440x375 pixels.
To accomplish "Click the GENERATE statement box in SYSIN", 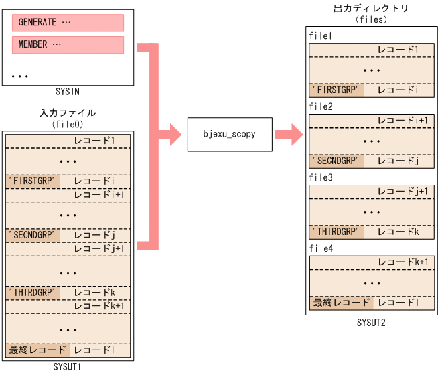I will click(x=68, y=23).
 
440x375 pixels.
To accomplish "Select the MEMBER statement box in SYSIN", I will click(x=68, y=45).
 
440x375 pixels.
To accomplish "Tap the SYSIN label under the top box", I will click(x=68, y=90).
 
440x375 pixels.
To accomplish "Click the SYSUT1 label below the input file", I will click(x=68, y=367).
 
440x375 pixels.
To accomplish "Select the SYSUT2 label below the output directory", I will click(x=371, y=323).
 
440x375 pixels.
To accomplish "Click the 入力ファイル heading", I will click(x=68, y=113).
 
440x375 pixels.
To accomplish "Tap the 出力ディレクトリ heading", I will click(x=371, y=9).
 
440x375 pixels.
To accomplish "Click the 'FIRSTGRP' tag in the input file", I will click(x=33, y=181).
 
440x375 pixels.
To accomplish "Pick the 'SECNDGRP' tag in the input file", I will click(x=33, y=235).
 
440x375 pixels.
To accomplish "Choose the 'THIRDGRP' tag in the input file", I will click(x=33, y=293).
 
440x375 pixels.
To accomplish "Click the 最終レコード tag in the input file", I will click(x=38, y=350).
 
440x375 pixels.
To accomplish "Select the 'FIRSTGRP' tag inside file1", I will click(x=336, y=90).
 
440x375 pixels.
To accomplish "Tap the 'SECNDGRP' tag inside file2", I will click(x=336, y=161).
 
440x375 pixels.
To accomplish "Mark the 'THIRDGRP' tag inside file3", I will click(x=336, y=232).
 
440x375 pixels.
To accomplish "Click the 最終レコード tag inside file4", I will click(x=341, y=303).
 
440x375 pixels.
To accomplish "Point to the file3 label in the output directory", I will click(x=321, y=178).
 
